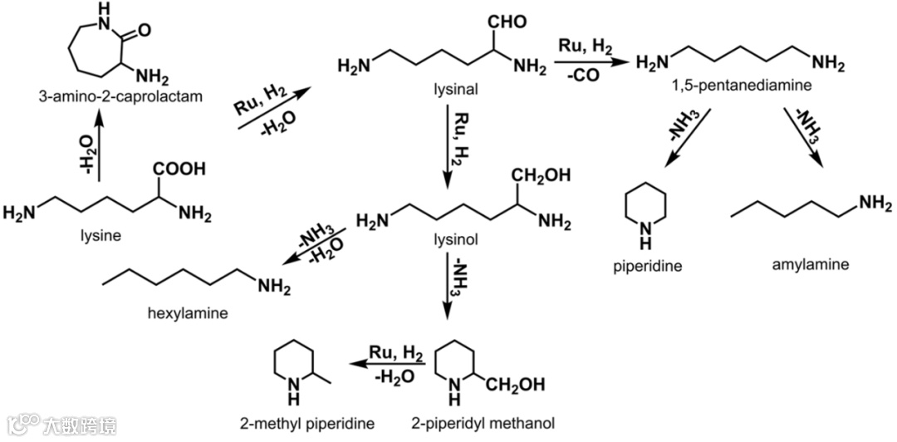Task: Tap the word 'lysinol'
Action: point(451,240)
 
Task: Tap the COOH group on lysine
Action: point(178,169)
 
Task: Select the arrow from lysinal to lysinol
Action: point(448,150)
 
